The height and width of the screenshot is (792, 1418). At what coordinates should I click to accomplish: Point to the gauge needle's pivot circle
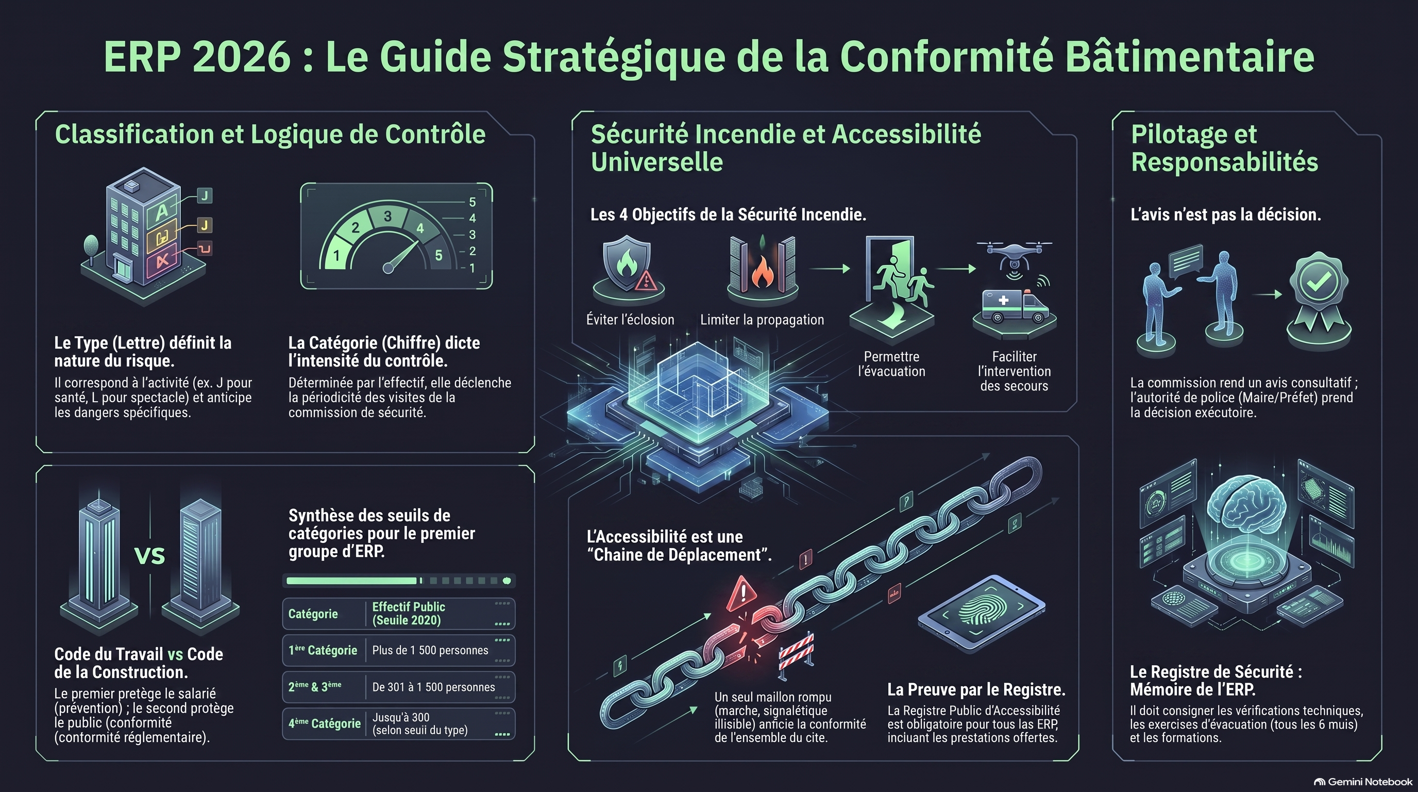(388, 268)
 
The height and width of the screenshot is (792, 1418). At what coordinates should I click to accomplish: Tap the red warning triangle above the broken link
(741, 593)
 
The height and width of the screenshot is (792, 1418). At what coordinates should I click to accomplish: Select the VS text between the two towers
(150, 556)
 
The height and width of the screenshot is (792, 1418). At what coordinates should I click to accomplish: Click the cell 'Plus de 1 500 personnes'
(430, 650)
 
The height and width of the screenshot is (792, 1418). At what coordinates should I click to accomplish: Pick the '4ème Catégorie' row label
(324, 723)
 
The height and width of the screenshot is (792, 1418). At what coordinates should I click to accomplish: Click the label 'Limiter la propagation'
(762, 320)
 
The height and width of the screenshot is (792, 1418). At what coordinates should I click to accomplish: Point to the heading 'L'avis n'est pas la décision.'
(1225, 214)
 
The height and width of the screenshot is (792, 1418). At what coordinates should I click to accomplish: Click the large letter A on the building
(161, 211)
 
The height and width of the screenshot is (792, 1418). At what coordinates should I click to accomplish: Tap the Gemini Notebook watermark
(1363, 782)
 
